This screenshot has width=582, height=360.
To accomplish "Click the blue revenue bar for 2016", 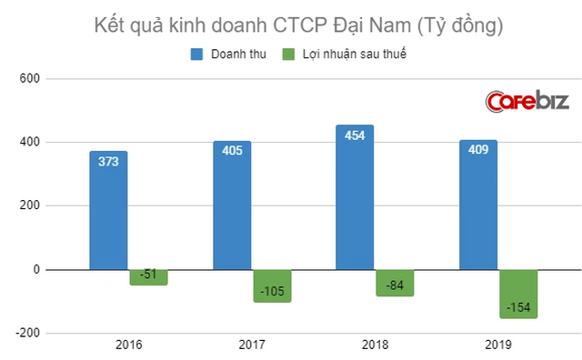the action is [108, 210].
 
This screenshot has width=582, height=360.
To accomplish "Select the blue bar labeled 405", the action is [232, 205].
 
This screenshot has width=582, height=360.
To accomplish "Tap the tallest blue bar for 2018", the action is [355, 197].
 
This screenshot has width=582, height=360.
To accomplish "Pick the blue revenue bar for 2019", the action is [478, 205].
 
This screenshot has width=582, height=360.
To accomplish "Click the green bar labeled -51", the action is [148, 277].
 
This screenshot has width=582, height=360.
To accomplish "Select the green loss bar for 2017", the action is [273, 286].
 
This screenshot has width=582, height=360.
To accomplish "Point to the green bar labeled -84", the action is [395, 283].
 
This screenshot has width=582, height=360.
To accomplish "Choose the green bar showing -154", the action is [518, 295].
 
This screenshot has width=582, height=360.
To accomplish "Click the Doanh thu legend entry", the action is [228, 55].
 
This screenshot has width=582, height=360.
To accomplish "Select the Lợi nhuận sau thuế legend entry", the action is [345, 55].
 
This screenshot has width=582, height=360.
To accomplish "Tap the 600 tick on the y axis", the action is [30, 79].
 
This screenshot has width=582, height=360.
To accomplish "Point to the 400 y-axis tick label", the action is [30, 142].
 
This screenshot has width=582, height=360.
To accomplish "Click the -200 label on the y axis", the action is [28, 333].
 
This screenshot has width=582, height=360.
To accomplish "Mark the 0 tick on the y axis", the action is [36, 269].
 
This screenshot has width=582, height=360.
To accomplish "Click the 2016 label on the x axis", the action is [129, 345].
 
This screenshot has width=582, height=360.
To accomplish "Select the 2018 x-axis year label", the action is [376, 345].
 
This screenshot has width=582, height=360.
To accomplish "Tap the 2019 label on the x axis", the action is [498, 345].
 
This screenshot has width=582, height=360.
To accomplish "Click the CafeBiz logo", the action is [527, 101].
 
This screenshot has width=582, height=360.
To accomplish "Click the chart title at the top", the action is [299, 26].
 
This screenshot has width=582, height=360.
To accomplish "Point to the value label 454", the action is [355, 135].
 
